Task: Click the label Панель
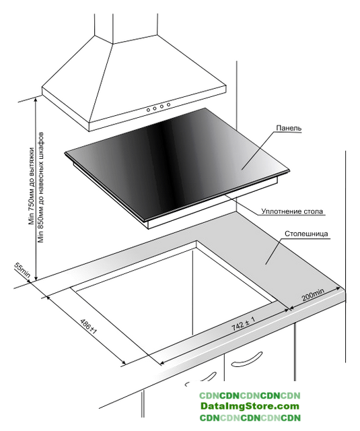point(289,128)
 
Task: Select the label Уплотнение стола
point(291,211)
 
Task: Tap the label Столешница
point(306,234)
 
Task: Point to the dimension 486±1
point(88,326)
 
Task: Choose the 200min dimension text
point(313,294)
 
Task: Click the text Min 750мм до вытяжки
point(32,186)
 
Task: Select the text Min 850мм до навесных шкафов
point(41,188)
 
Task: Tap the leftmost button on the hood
point(148,110)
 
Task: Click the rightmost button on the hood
point(168,104)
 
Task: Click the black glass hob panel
point(177,163)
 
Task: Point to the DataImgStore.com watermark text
point(250,405)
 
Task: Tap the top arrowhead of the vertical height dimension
point(36,100)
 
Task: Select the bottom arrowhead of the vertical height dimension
point(36,278)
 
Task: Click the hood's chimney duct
point(127,28)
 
